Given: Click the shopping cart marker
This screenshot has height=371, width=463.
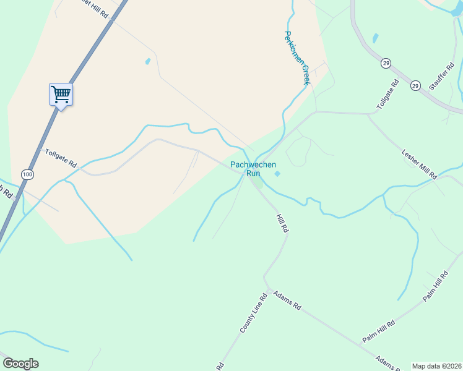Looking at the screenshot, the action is pyautogui.click(x=61, y=95).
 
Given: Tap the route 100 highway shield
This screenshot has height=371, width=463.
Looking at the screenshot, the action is pyautogui.click(x=27, y=175).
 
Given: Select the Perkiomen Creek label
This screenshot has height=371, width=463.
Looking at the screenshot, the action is pyautogui.click(x=296, y=58).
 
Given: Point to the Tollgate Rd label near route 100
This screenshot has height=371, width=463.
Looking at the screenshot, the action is pyautogui.click(x=60, y=158).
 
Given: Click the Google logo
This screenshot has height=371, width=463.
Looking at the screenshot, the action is pyautogui.click(x=20, y=364).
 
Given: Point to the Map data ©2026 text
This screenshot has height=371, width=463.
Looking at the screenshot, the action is pyautogui.click(x=436, y=366).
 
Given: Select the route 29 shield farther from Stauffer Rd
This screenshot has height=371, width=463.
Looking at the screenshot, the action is pyautogui.click(x=386, y=63).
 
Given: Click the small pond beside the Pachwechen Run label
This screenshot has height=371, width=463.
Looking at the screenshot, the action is pyautogui.click(x=277, y=174).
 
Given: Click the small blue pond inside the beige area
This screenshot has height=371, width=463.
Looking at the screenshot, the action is pyautogui.click(x=147, y=61).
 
